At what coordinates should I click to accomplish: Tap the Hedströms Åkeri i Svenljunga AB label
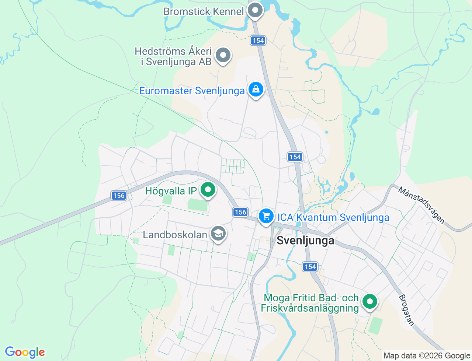[173, 56]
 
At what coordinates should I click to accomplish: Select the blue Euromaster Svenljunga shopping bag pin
[256, 90]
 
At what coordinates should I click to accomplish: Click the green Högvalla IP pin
[208, 190]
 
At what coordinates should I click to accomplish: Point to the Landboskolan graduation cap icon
[218, 234]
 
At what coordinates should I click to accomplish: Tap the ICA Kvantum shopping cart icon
[266, 216]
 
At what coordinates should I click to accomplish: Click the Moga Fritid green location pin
[369, 302]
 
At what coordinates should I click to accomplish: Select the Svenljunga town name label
[305, 241]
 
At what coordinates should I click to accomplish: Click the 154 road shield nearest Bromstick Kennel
[258, 41]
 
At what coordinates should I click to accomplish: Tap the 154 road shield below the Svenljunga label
[310, 267]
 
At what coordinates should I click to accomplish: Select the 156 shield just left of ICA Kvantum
[240, 212]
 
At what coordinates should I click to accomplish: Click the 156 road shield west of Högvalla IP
[119, 196]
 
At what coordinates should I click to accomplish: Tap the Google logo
[25, 352]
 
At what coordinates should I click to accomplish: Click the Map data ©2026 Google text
[427, 356]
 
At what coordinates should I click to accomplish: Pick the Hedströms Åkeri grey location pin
[223, 55]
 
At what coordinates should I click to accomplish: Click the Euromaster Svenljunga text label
[192, 91]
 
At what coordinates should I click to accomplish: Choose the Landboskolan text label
[175, 235]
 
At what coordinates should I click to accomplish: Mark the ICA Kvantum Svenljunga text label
[333, 218]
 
